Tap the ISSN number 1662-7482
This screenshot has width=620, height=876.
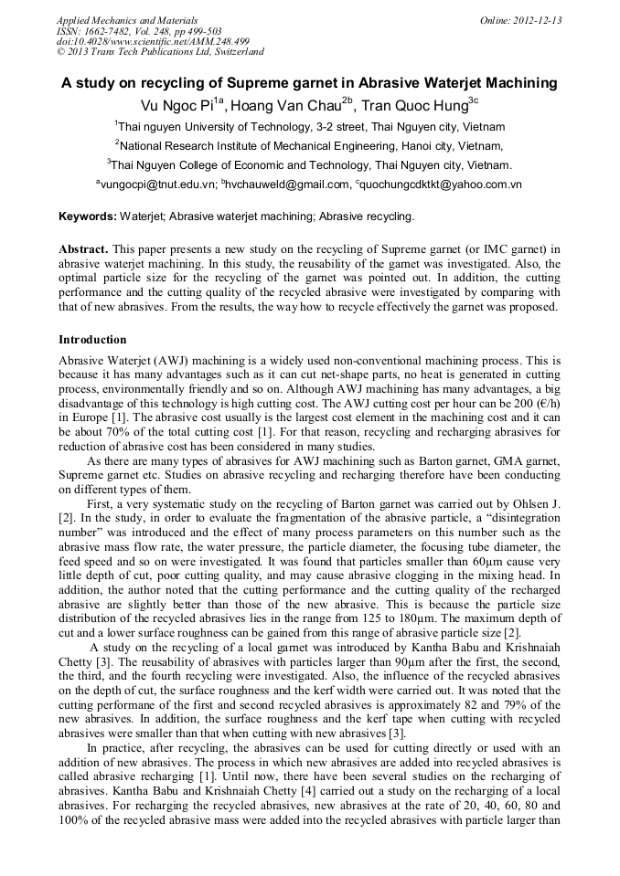tap(112, 30)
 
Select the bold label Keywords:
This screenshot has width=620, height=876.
tap(88, 216)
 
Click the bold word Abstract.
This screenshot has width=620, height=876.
tap(84, 248)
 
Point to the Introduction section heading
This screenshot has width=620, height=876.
tap(92, 340)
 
